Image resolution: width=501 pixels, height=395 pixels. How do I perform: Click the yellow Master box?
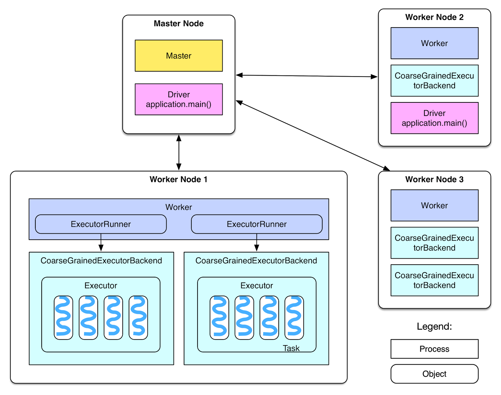tap(178, 56)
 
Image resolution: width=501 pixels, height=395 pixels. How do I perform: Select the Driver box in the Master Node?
tap(178, 99)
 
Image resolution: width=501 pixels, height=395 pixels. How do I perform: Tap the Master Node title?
tap(178, 23)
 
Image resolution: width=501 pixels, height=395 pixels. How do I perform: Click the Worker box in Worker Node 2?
tap(434, 43)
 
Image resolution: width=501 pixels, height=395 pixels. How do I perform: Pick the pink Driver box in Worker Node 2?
tap(434, 118)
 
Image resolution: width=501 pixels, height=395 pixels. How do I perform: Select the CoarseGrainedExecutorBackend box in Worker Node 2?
tap(434, 81)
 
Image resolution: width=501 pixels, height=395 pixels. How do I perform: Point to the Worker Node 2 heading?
tap(434, 17)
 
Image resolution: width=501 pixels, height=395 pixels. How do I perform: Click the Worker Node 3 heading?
tap(434, 179)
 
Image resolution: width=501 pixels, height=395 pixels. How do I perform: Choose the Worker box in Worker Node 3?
tap(434, 205)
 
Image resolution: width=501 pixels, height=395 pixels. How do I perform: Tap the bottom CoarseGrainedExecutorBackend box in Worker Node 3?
tap(434, 280)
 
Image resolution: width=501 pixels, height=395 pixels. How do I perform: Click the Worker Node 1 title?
tap(178, 179)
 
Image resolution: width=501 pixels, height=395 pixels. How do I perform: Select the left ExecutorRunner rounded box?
tap(101, 224)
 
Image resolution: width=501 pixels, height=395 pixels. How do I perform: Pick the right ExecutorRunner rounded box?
tap(257, 224)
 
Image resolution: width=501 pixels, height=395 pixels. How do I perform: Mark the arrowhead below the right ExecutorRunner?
tap(257, 248)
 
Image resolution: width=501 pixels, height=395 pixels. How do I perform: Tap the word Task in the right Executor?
tap(291, 348)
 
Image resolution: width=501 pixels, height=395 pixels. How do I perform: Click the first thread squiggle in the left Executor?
tap(63, 317)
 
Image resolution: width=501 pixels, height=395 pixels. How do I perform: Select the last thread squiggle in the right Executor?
tap(294, 317)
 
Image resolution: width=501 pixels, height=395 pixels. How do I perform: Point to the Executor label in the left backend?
tap(101, 286)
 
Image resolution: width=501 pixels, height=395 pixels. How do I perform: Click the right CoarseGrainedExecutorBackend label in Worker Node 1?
tap(256, 261)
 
